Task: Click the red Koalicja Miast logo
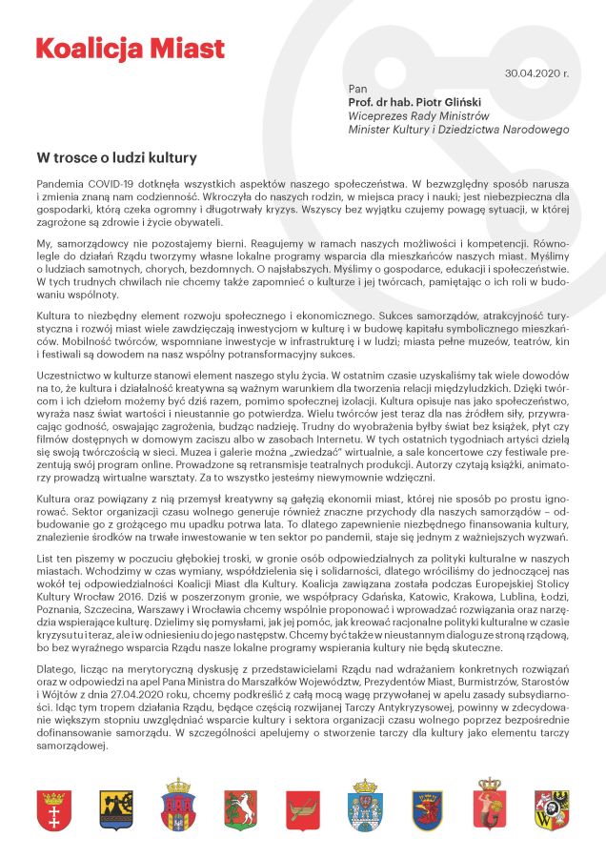[x=130, y=49]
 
